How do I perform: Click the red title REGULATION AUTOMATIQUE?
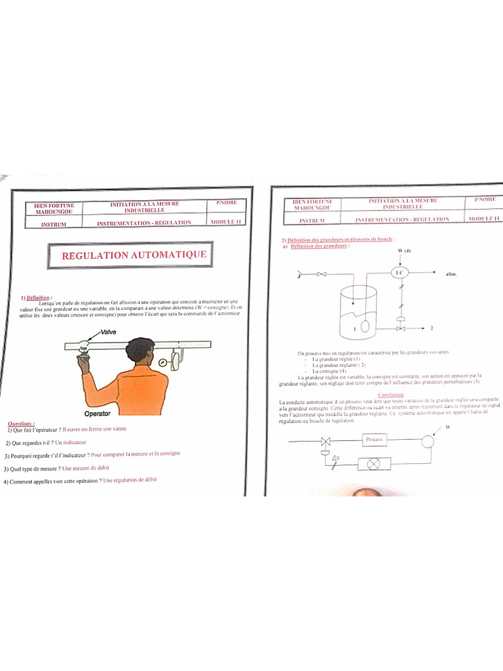coord(134,255)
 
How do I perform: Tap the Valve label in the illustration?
coord(108,332)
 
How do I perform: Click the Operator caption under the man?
coord(98,413)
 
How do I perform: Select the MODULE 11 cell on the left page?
coord(226,222)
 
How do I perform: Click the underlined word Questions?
coord(21,423)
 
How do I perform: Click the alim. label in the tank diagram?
coord(451,274)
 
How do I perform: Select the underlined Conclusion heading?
coord(390,395)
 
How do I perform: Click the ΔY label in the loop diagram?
coord(336,457)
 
